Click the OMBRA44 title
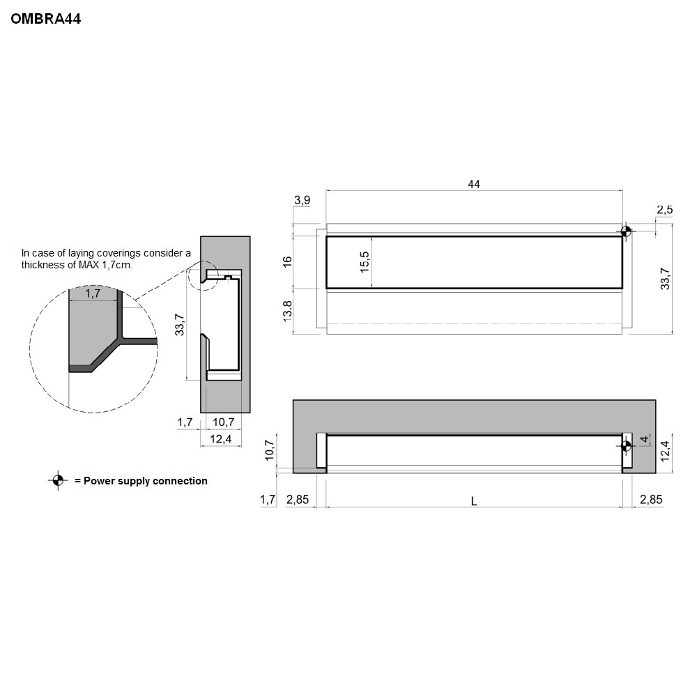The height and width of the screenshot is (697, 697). point(46,20)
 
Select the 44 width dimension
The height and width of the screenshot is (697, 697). point(474,184)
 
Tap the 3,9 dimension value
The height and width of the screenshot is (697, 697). point(302,201)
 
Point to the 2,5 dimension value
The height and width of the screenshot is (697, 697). point(665,210)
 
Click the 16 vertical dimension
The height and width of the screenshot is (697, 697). point(287,261)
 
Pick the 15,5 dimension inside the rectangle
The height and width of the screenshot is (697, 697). point(365,261)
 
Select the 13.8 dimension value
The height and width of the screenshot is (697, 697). point(287,311)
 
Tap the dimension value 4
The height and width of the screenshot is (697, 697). point(643,439)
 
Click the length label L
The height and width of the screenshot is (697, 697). point(474,501)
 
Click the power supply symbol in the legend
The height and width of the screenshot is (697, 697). point(57,480)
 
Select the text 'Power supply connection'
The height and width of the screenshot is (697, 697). point(146,481)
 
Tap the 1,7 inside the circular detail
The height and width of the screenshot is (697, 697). point(92,295)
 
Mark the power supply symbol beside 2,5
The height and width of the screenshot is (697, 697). point(626,231)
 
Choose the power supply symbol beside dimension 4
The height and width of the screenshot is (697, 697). point(626,445)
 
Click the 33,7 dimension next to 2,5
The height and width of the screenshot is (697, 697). point(665,279)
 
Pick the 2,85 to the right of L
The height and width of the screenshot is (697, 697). point(651,500)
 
